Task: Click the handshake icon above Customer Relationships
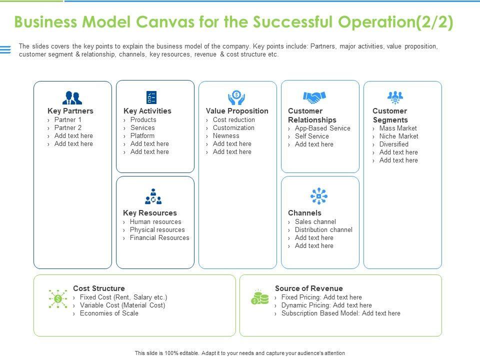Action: (x=314, y=97)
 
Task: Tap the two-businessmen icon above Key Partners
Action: (x=72, y=98)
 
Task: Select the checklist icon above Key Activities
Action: (x=151, y=97)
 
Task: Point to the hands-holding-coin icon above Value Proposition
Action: (x=236, y=97)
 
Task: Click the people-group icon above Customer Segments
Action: (x=395, y=97)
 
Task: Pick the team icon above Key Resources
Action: (x=153, y=196)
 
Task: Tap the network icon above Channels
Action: (x=318, y=196)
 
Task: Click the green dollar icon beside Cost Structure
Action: (x=58, y=298)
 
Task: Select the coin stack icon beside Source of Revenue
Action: (x=259, y=297)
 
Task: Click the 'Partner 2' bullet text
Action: (x=68, y=127)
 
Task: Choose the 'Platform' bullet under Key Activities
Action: (x=142, y=135)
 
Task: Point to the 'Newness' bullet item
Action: (x=226, y=135)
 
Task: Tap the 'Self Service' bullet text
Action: (x=311, y=136)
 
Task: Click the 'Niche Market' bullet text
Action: (x=398, y=136)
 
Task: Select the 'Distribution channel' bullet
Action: (x=323, y=229)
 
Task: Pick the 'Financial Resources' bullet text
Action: (x=159, y=237)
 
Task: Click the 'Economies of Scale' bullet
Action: (x=109, y=313)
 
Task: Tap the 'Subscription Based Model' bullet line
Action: (x=340, y=313)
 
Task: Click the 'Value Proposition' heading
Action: (x=237, y=111)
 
